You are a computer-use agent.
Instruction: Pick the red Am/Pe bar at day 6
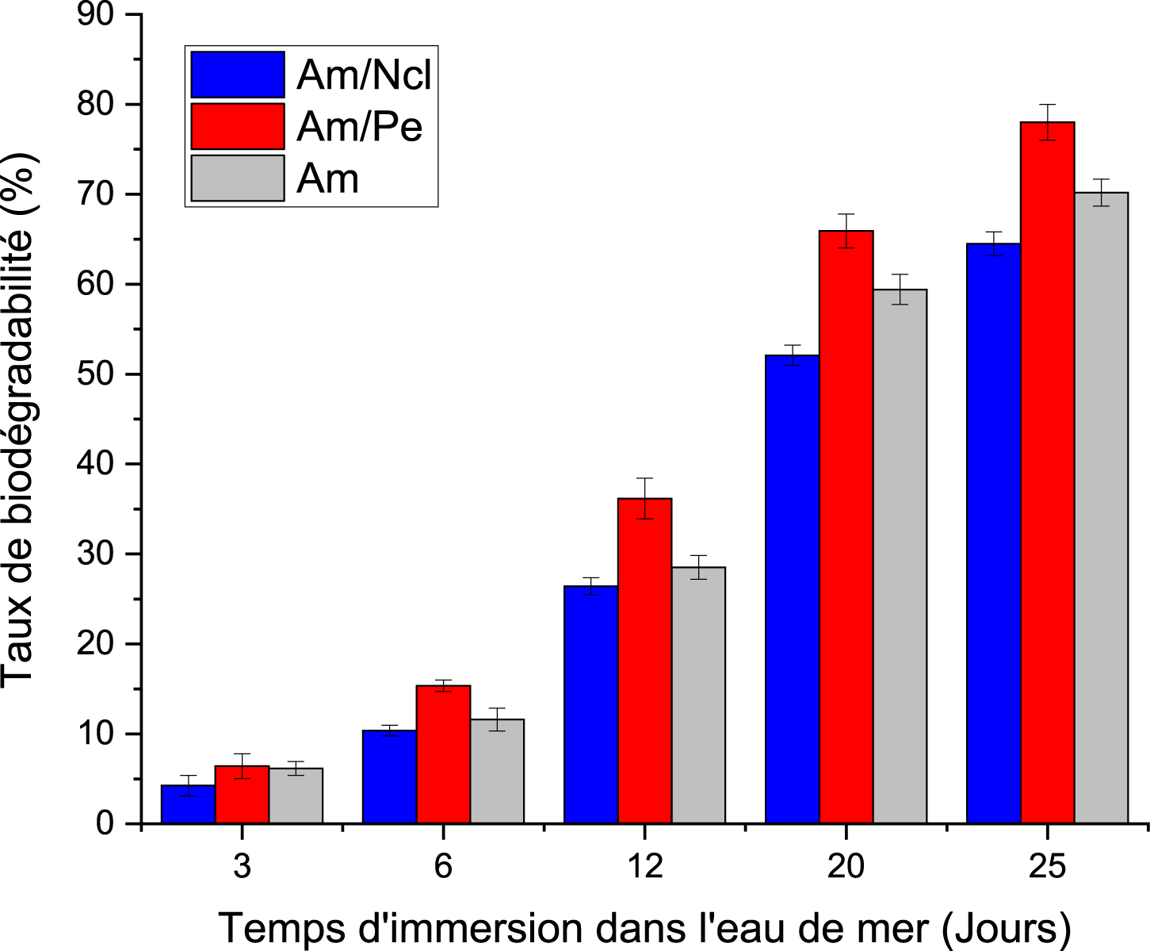click(x=443, y=754)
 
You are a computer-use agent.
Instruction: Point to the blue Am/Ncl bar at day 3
click(x=188, y=804)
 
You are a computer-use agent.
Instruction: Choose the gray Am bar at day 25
click(x=1101, y=508)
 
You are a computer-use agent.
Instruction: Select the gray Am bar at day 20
click(x=900, y=556)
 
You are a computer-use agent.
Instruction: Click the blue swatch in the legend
click(x=237, y=75)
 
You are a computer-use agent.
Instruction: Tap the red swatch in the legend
click(x=237, y=126)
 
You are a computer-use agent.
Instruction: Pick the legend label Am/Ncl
click(x=364, y=75)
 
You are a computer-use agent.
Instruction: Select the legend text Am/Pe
click(x=359, y=127)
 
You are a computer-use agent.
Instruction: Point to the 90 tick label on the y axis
click(x=95, y=14)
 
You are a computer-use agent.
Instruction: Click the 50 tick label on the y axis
click(x=95, y=374)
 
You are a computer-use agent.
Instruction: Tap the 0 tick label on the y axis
click(x=105, y=823)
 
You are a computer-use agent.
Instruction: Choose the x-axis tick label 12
click(x=644, y=866)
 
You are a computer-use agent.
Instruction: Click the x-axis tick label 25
click(x=1047, y=866)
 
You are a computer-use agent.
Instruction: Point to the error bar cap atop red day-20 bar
click(x=846, y=214)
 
